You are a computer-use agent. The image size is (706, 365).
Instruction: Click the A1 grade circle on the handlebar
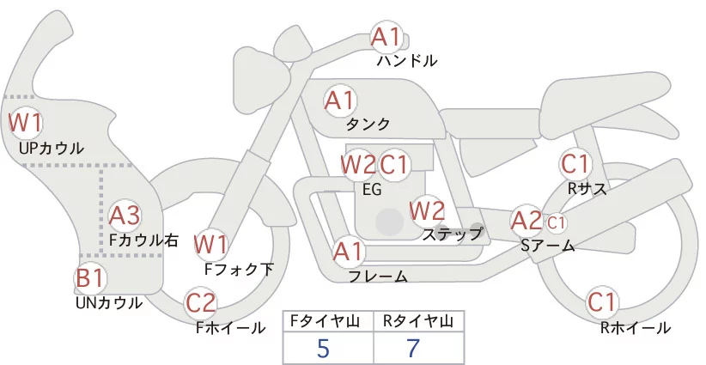[386, 38]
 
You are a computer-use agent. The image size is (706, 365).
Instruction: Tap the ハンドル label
[407, 61]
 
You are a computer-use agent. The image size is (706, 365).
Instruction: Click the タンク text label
[368, 124]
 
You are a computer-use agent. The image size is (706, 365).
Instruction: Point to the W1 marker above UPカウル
[25, 122]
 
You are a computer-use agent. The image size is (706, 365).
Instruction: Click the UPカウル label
[51, 149]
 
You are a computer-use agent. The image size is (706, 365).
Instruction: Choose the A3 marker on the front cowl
[125, 214]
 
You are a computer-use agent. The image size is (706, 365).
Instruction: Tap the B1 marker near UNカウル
[90, 278]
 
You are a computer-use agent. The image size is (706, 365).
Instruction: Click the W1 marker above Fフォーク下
[210, 244]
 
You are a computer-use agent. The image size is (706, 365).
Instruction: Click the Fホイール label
[230, 327]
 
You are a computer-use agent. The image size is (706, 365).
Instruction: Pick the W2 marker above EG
[357, 163]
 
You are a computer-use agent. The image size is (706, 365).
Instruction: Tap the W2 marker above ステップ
[427, 209]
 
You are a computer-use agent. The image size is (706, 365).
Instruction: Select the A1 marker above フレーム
[348, 252]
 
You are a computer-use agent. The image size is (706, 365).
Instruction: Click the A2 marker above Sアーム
[526, 220]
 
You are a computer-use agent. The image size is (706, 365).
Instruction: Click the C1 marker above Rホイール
[602, 302]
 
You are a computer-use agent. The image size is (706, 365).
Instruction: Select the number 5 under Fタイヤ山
[323, 348]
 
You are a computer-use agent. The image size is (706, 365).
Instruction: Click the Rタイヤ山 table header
[418, 321]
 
